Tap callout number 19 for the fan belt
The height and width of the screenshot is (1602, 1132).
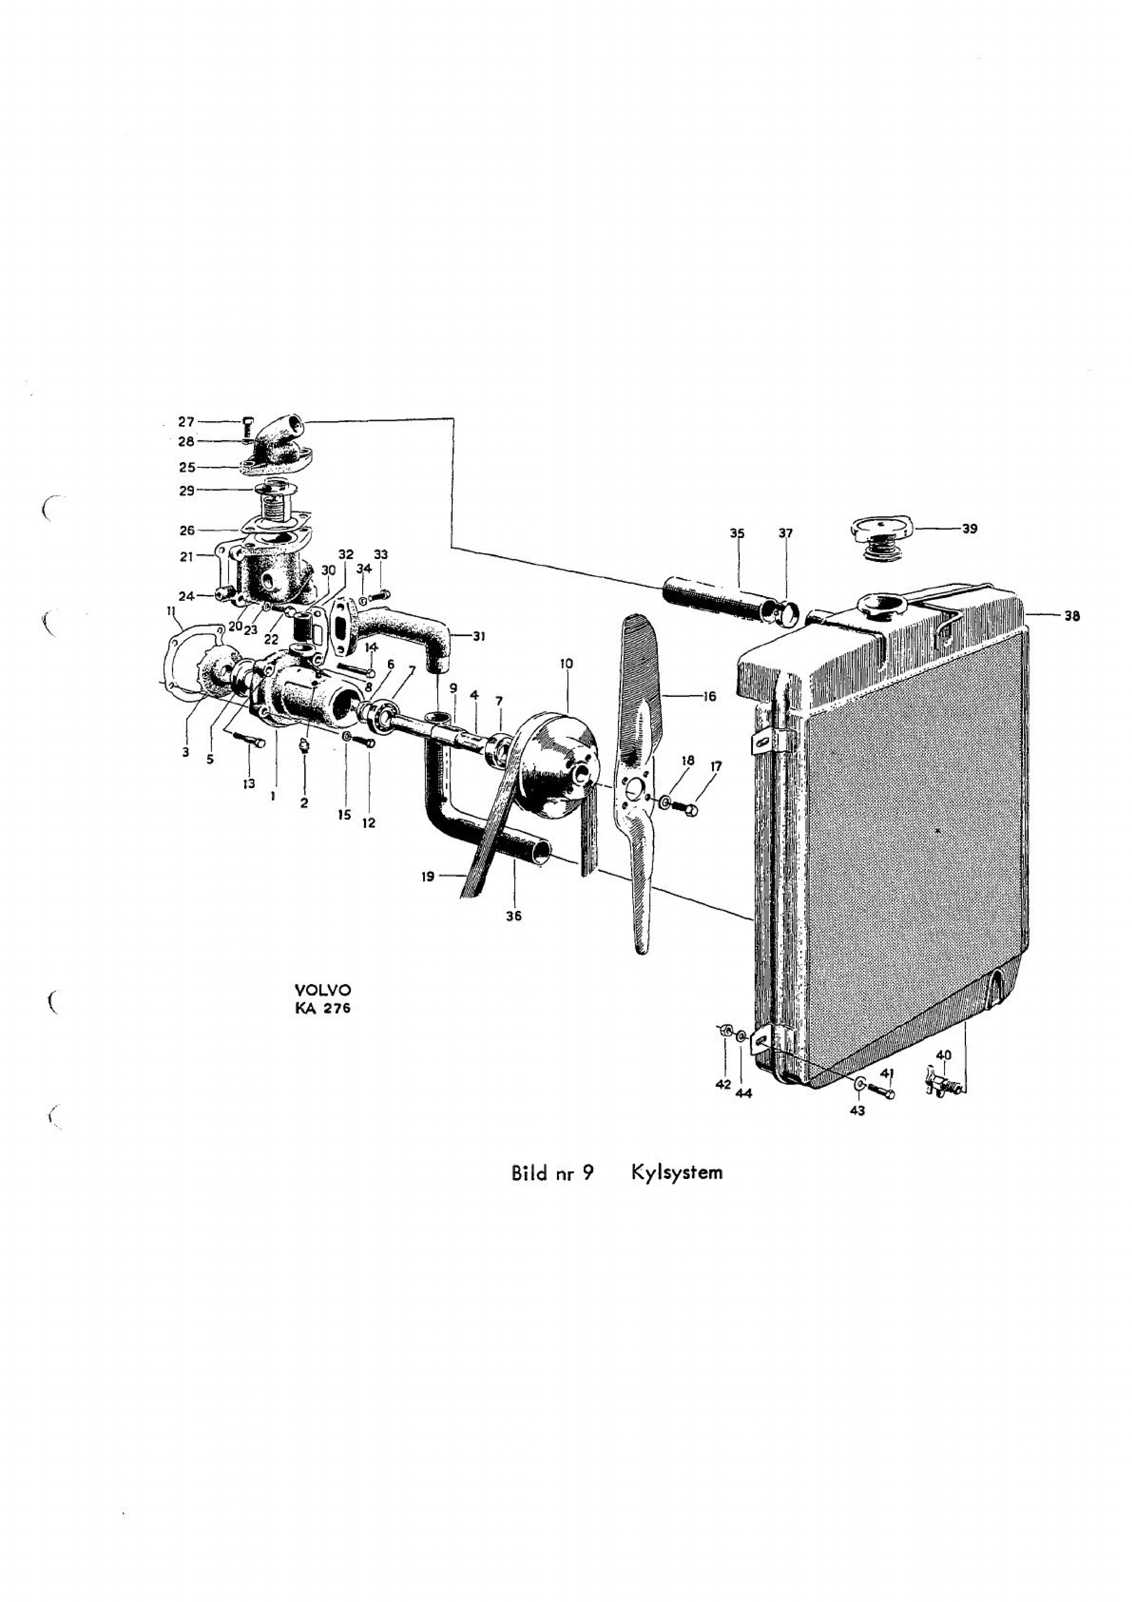tap(428, 876)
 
